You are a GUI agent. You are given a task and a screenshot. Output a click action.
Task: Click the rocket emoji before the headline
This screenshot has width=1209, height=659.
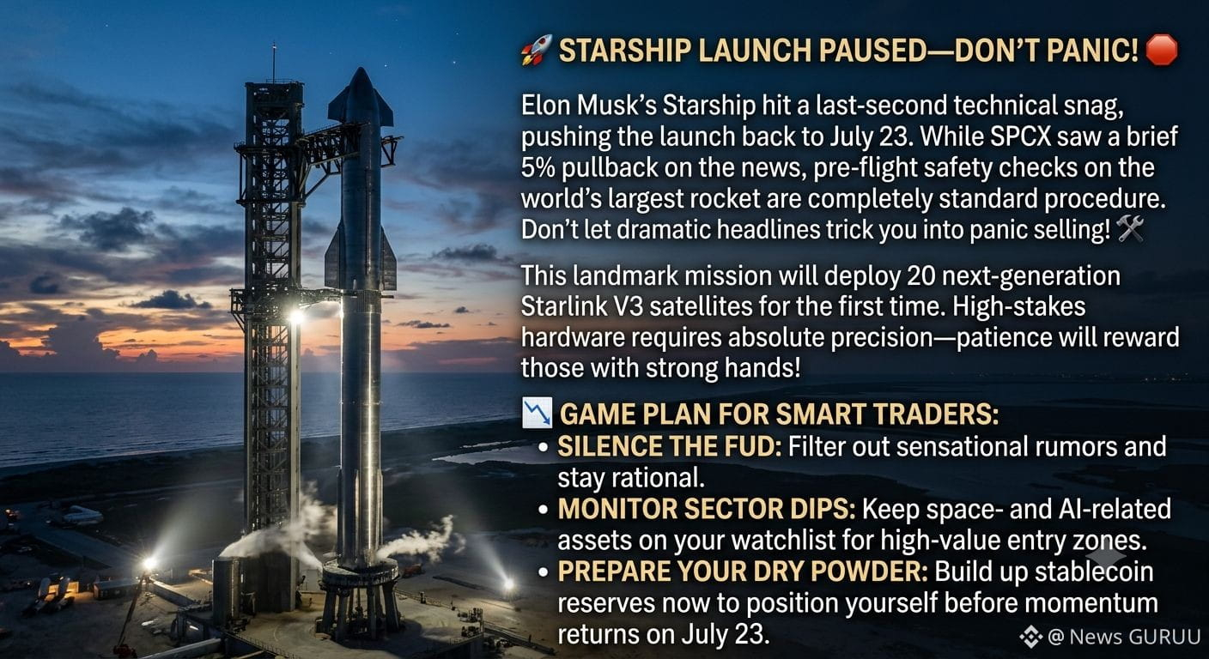pos(537,50)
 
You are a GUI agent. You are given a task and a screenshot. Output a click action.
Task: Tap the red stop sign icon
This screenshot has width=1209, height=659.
pos(1161,50)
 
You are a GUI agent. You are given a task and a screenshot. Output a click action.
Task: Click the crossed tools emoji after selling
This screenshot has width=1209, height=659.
pos(1129,229)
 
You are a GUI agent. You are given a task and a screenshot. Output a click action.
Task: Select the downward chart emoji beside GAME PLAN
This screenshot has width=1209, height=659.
pos(537,413)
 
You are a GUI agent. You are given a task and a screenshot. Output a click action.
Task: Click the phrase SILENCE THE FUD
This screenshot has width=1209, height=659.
pos(669,446)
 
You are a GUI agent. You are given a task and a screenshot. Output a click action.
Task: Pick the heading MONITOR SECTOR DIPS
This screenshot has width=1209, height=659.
pos(707,509)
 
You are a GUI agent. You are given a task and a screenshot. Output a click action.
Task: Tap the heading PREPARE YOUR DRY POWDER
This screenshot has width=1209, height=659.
pos(743,571)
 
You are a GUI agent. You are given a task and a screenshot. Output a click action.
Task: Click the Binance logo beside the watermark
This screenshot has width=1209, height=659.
pos(1031,638)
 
